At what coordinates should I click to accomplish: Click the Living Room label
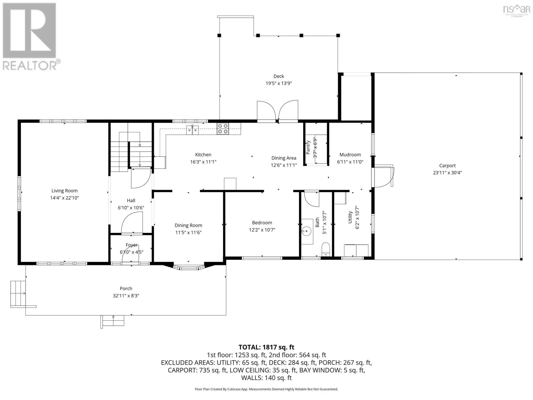(64, 191)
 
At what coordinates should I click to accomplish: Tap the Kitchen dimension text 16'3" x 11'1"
(203, 162)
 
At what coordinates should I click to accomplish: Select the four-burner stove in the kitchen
(223, 129)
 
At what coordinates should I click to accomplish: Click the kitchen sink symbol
(192, 130)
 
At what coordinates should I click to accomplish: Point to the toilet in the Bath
(325, 249)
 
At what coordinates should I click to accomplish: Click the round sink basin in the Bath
(306, 231)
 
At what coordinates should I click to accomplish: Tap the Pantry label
(308, 147)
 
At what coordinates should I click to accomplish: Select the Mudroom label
(350, 154)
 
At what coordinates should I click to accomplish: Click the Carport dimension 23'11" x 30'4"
(447, 173)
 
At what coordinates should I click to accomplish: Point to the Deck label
(278, 76)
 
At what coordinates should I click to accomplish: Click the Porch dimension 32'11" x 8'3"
(126, 296)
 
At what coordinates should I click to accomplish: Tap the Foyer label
(132, 245)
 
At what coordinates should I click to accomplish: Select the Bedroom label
(262, 222)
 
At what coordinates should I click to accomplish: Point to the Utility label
(350, 217)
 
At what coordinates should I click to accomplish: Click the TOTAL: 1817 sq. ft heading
(266, 347)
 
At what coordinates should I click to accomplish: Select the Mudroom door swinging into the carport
(383, 176)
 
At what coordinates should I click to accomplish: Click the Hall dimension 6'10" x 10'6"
(131, 208)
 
